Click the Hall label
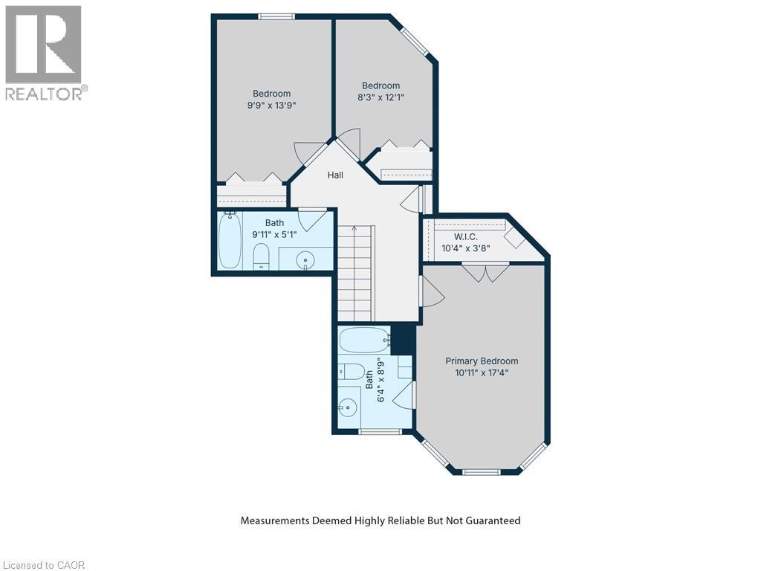click(336, 175)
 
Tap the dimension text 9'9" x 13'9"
click(271, 106)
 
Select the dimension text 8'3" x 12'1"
click(380, 97)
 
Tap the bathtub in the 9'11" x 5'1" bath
click(230, 241)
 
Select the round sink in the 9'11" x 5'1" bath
click(305, 259)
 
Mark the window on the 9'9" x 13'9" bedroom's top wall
click(276, 16)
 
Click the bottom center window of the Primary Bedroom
click(482, 471)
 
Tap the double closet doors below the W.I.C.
click(485, 271)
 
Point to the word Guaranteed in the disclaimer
click(491, 520)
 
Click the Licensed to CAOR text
click(43, 565)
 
